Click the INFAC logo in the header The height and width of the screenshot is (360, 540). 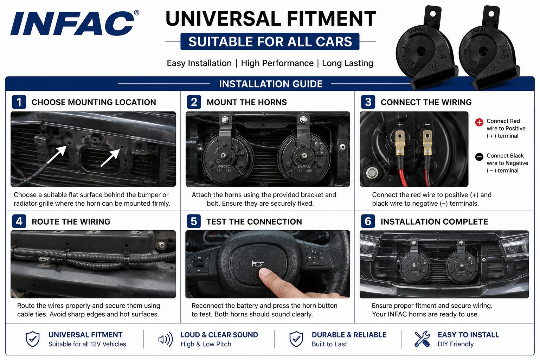(72, 24)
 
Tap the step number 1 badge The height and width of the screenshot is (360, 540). (19, 102)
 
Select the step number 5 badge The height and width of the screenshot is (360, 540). (194, 221)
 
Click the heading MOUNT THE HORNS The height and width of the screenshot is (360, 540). (246, 102)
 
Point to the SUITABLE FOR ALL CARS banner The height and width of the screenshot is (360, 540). (270, 41)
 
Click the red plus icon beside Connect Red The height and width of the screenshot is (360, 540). (479, 122)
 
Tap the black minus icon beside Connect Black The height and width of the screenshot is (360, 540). (479, 157)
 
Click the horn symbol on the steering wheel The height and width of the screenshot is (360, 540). (257, 263)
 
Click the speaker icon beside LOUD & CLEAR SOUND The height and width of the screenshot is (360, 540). (165, 339)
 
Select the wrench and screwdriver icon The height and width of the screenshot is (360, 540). (422, 339)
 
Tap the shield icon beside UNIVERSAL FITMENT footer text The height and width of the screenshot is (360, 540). (33, 339)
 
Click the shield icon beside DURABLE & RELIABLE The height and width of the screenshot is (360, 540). (296, 339)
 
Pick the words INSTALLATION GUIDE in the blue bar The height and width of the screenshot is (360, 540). (271, 84)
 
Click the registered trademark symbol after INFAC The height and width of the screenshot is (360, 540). (136, 13)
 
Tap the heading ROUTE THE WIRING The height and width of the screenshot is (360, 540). (71, 221)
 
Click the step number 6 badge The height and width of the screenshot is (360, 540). (368, 221)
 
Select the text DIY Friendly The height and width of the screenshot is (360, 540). (455, 344)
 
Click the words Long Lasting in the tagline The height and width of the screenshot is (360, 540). (348, 63)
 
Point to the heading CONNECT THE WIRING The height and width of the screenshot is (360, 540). (426, 102)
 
